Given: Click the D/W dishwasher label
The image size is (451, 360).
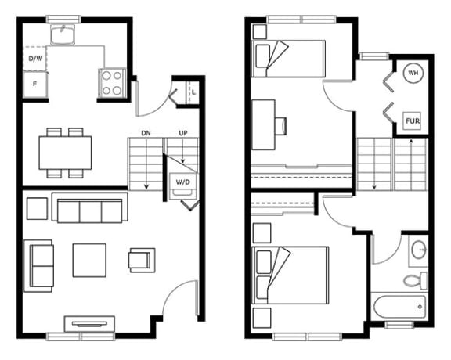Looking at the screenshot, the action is pyautogui.click(x=35, y=59).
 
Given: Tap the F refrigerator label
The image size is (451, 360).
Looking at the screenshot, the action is pyautogui.click(x=34, y=84).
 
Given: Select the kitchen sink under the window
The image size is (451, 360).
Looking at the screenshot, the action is pyautogui.click(x=63, y=34).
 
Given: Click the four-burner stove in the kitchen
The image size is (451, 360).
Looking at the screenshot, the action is pyautogui.click(x=112, y=83).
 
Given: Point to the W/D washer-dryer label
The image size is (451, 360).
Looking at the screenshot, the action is pyautogui.click(x=183, y=182).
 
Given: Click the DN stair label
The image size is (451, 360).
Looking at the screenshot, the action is pyautogui.click(x=146, y=133).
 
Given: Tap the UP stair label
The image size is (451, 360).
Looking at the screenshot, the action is pyautogui.click(x=183, y=133).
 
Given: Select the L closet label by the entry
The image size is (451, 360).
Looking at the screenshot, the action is pyautogui.click(x=194, y=92).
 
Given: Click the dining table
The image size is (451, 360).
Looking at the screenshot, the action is pyautogui.click(x=65, y=153).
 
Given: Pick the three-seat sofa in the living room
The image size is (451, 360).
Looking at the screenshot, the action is pyautogui.click(x=90, y=207).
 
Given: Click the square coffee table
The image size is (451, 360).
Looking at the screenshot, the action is pyautogui.click(x=89, y=261).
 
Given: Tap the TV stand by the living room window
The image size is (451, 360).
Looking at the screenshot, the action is pyautogui.click(x=89, y=324).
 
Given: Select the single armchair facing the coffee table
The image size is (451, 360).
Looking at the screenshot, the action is pyautogui.click(x=142, y=261).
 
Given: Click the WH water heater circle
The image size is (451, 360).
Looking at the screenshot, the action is pyautogui.click(x=413, y=73).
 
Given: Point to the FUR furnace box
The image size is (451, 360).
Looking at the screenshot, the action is pyautogui.click(x=413, y=121).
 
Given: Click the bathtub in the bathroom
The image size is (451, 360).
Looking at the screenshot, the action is pyautogui.click(x=399, y=307).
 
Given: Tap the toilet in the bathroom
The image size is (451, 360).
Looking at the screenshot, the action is pyautogui.click(x=415, y=280).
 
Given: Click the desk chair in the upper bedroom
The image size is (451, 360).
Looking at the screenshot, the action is pyautogui.click(x=281, y=126).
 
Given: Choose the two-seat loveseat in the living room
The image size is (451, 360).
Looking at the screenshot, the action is pyautogui.click(x=38, y=266).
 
